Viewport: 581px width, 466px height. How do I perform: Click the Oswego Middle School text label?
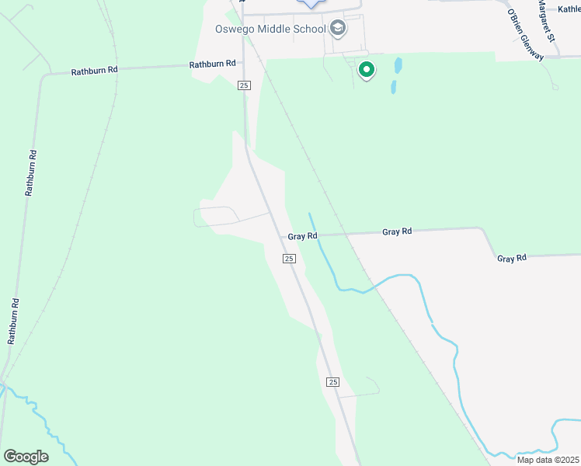click(270, 30)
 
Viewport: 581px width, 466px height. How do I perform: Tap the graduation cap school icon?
click(337, 30)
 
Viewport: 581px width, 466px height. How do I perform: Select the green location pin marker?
click(366, 71)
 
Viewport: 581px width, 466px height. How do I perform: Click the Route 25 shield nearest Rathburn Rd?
click(244, 85)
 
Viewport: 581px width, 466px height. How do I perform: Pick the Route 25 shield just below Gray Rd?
click(288, 259)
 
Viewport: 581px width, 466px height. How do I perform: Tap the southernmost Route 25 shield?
click(332, 382)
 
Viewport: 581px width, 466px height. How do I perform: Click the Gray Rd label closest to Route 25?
click(303, 235)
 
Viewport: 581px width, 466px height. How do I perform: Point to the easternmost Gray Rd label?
click(512, 257)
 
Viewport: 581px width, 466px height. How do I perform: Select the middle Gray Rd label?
click(396, 231)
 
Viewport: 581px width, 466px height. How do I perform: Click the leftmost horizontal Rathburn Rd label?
click(94, 71)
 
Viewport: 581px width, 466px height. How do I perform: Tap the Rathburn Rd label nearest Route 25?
click(212, 65)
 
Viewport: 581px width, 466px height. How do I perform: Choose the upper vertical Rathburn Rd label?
click(30, 172)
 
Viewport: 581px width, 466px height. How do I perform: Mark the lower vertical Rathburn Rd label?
click(13, 320)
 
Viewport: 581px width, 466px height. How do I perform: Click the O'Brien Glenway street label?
click(527, 33)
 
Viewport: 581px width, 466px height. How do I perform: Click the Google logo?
click(25, 457)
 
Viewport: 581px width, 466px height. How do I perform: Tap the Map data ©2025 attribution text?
click(548, 460)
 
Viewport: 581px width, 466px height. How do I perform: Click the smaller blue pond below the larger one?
click(394, 86)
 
